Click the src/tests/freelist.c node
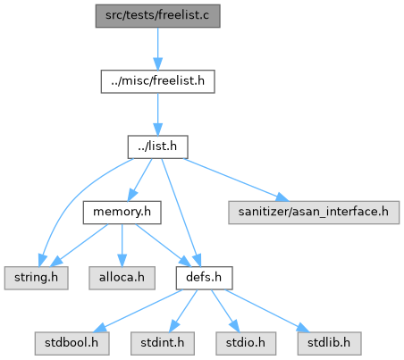click(157, 16)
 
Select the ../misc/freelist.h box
click(157, 81)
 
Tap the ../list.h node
click(157, 147)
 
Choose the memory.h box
click(122, 213)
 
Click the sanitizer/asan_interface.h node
click(314, 213)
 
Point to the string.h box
click(36, 278)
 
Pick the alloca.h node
click(122, 278)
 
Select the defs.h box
click(204, 278)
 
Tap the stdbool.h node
click(72, 344)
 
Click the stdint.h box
click(163, 344)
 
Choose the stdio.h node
click(246, 344)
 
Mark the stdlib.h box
click(329, 344)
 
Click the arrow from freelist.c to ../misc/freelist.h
click(157, 49)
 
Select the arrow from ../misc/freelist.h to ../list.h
click(157, 114)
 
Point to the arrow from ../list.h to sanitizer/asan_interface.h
click(236, 180)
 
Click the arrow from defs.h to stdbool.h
click(138, 311)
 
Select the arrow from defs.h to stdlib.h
click(267, 311)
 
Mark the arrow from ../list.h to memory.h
click(139, 180)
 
